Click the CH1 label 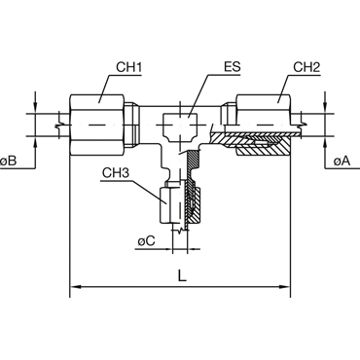coord(129,67)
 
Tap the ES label coord(232,67)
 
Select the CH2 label coord(306,67)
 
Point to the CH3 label coord(116,173)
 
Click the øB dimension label coord(9,161)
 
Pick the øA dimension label coord(342,161)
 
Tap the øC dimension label coord(146,241)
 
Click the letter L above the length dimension coord(183,275)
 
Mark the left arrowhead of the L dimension coord(75,287)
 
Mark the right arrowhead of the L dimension coord(285,287)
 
